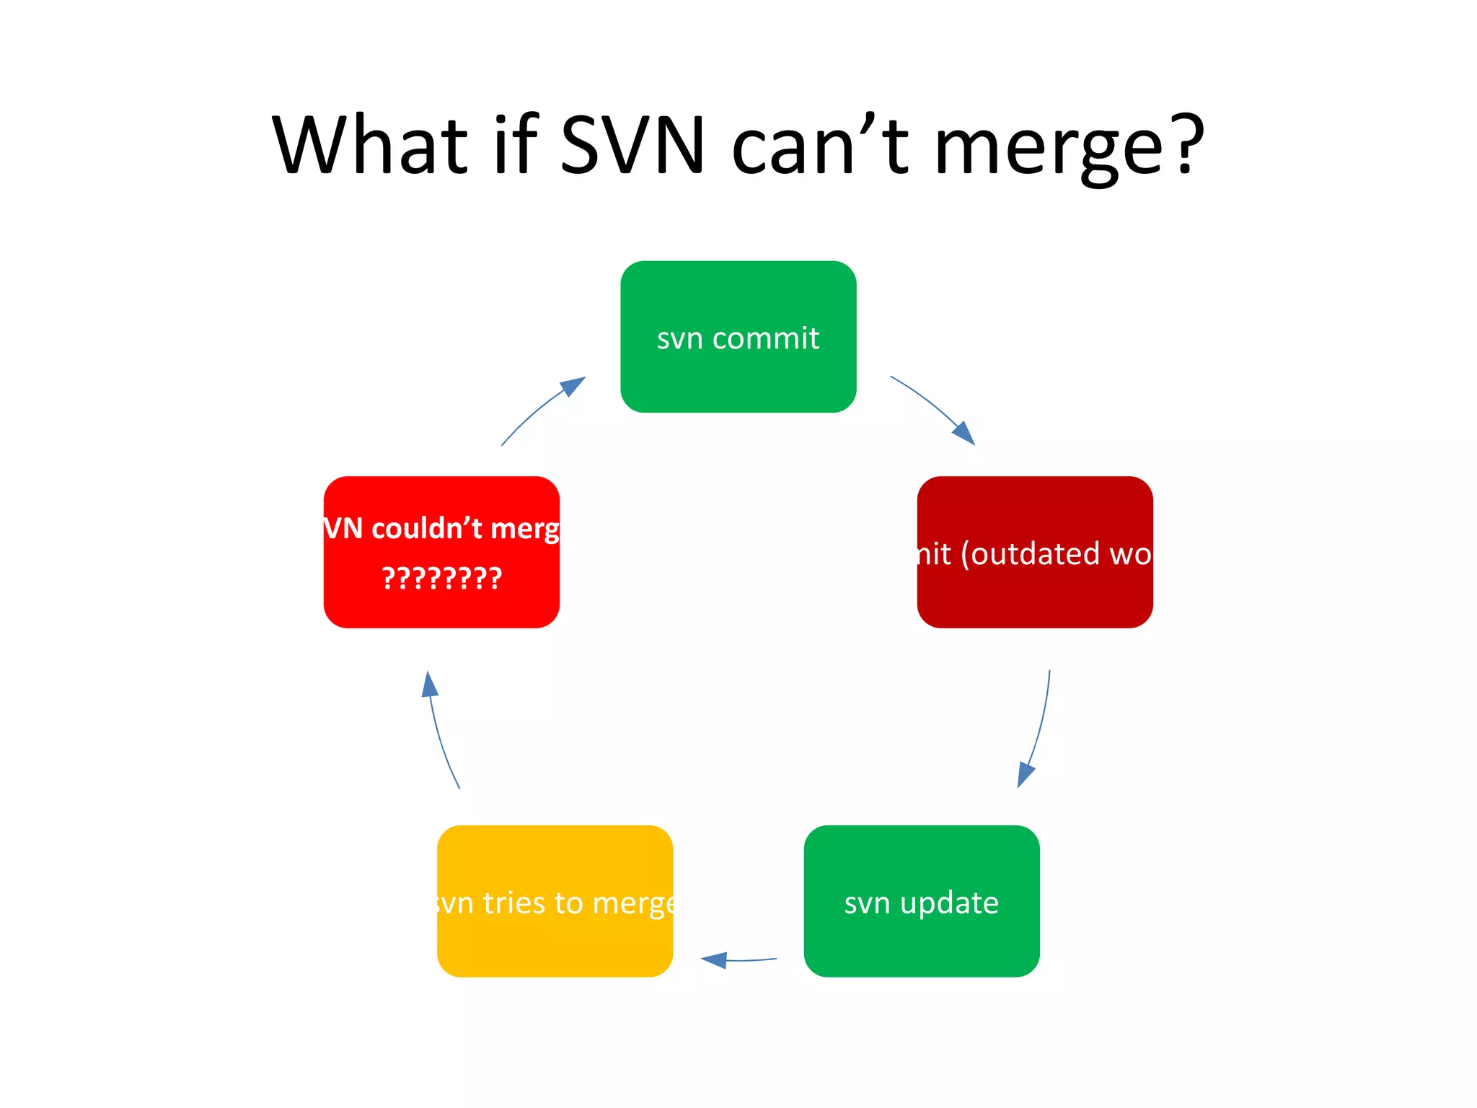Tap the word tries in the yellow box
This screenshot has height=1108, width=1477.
(513, 903)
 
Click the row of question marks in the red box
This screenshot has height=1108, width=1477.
(441, 579)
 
